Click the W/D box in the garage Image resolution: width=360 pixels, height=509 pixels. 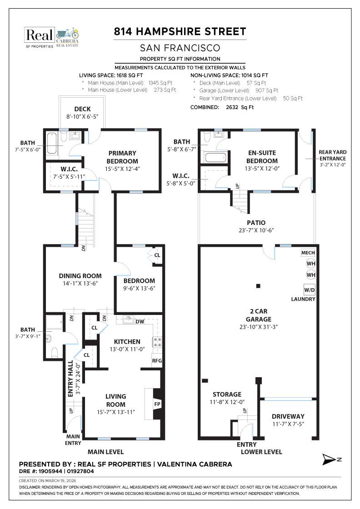point(310,289)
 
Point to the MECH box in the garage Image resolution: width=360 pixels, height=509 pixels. point(308,253)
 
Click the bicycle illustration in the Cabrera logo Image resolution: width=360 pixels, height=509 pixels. point(67,33)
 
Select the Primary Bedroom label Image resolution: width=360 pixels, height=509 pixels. point(122,158)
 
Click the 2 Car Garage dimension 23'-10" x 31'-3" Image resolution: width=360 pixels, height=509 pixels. point(258,326)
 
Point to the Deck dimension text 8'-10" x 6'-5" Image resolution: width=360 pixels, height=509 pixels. point(82,117)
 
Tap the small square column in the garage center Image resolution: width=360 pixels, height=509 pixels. point(258,286)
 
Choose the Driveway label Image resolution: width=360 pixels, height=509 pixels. point(288,416)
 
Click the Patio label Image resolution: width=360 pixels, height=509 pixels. point(256,223)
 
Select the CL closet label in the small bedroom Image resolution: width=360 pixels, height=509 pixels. point(157,255)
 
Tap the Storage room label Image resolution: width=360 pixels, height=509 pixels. point(227,394)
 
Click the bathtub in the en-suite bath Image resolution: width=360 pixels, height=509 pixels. point(215,158)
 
